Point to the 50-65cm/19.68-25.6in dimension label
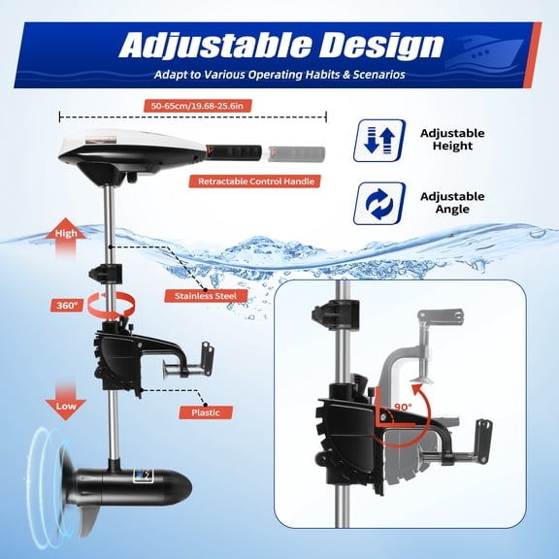190,105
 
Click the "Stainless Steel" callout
202,295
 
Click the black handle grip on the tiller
233,152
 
